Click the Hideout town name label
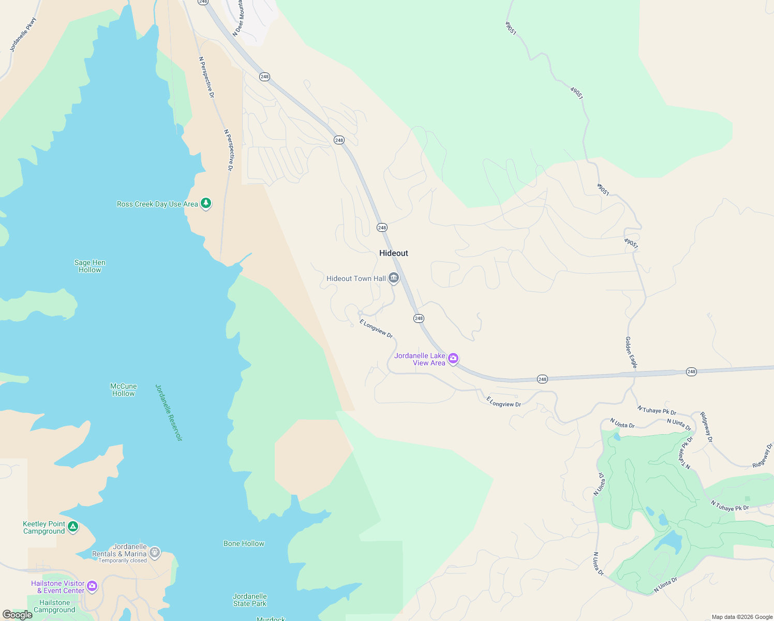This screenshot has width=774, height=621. tap(393, 253)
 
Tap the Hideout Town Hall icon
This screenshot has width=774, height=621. tap(394, 278)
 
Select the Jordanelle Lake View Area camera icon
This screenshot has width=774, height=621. tap(453, 358)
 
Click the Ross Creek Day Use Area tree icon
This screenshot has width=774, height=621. tap(206, 203)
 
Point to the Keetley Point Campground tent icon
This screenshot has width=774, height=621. tap(73, 527)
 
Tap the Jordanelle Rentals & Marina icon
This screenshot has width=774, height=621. tap(154, 552)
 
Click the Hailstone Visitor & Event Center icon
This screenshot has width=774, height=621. tap(92, 586)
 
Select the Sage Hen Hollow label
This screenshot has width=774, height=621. tap(90, 266)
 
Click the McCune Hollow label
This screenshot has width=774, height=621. tap(124, 390)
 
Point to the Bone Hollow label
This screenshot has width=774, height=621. tap(244, 543)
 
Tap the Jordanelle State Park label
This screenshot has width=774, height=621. tap(250, 600)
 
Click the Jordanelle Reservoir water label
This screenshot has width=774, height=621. tap(169, 412)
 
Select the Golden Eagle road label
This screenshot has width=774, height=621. tap(631, 352)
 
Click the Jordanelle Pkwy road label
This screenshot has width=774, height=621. tap(23, 35)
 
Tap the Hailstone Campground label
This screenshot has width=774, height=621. tap(54, 606)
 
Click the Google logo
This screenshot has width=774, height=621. tap(18, 614)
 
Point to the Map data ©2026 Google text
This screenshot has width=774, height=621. tap(742, 617)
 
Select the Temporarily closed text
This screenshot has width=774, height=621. tap(123, 560)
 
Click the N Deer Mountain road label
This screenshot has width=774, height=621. tap(237, 18)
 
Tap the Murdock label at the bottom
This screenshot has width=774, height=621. tap(271, 618)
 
